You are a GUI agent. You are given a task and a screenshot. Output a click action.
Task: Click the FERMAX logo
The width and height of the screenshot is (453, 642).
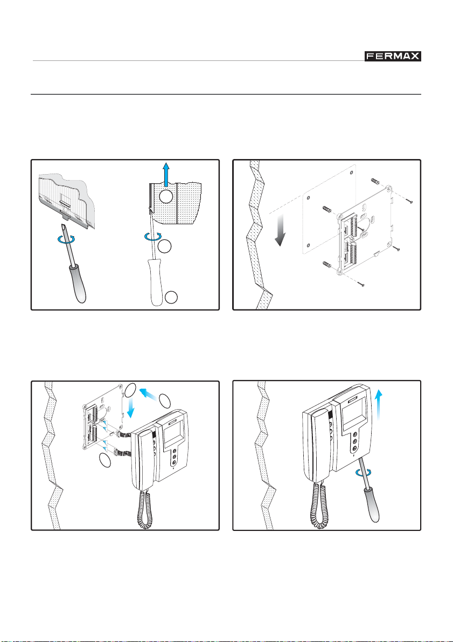point(393,56)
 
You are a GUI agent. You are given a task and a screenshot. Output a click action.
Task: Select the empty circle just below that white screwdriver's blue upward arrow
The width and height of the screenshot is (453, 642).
point(166,196)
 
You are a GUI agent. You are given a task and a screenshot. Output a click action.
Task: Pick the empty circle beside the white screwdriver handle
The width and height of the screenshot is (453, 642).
point(171,298)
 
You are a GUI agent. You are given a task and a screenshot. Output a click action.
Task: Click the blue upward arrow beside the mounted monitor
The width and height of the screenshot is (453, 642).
point(379,404)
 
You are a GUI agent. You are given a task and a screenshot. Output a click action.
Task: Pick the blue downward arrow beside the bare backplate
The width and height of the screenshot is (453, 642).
point(131,408)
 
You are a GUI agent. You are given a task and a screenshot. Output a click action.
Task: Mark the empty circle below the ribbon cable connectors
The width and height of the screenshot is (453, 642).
point(104,460)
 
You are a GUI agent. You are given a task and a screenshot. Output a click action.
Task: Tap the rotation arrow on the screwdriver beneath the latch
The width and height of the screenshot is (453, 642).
point(67,239)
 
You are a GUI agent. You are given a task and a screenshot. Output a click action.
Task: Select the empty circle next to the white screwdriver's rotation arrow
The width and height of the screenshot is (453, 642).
point(164,246)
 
